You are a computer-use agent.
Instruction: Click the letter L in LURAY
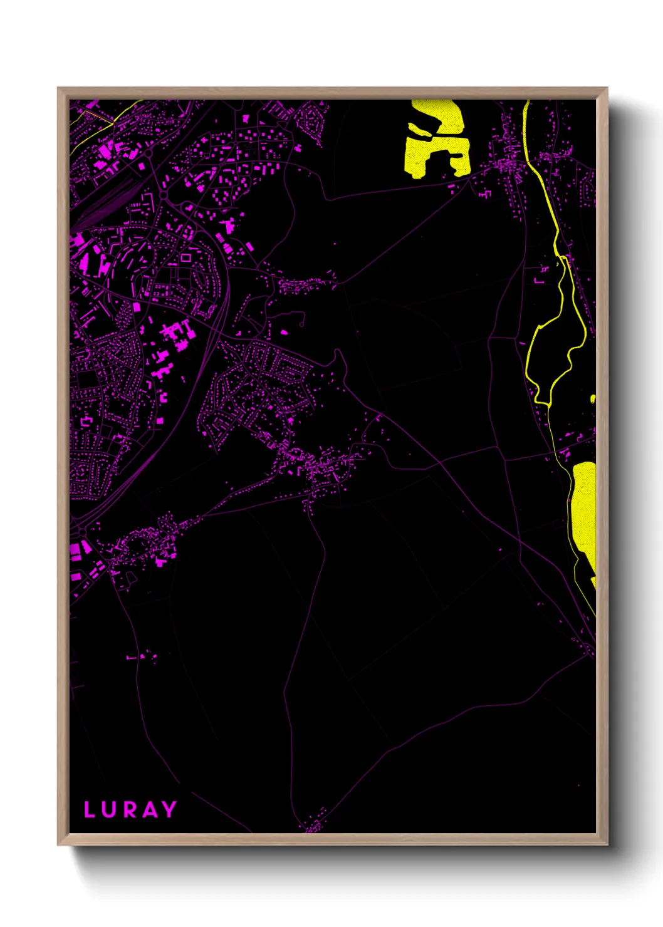90,809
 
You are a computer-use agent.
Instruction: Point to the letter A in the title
149,809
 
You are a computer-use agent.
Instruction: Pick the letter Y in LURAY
169,809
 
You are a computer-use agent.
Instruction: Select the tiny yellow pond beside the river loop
593,398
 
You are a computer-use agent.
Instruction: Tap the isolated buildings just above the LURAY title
142,656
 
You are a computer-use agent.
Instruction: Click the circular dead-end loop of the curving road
302,324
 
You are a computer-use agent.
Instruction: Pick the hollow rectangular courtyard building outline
186,257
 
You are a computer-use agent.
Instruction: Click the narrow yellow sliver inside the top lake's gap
421,132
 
